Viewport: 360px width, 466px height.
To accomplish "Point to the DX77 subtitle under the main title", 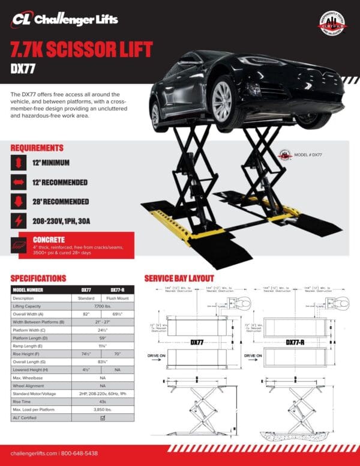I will coord(23,69).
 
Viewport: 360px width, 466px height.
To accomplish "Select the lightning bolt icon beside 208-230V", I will coord(19,222).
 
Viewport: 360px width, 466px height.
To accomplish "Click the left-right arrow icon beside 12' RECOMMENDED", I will coord(19,181).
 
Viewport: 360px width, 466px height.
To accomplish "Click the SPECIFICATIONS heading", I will coord(38,278).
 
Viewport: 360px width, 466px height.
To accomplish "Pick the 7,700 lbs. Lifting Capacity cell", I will coord(101,306).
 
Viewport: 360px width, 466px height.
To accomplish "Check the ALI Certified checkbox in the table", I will coord(101,417).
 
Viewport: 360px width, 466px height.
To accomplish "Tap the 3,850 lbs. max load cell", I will coord(101,409).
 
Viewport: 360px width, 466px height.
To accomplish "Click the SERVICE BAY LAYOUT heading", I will coord(179,278).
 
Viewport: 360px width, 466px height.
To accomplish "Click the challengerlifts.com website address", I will coord(34,453).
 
